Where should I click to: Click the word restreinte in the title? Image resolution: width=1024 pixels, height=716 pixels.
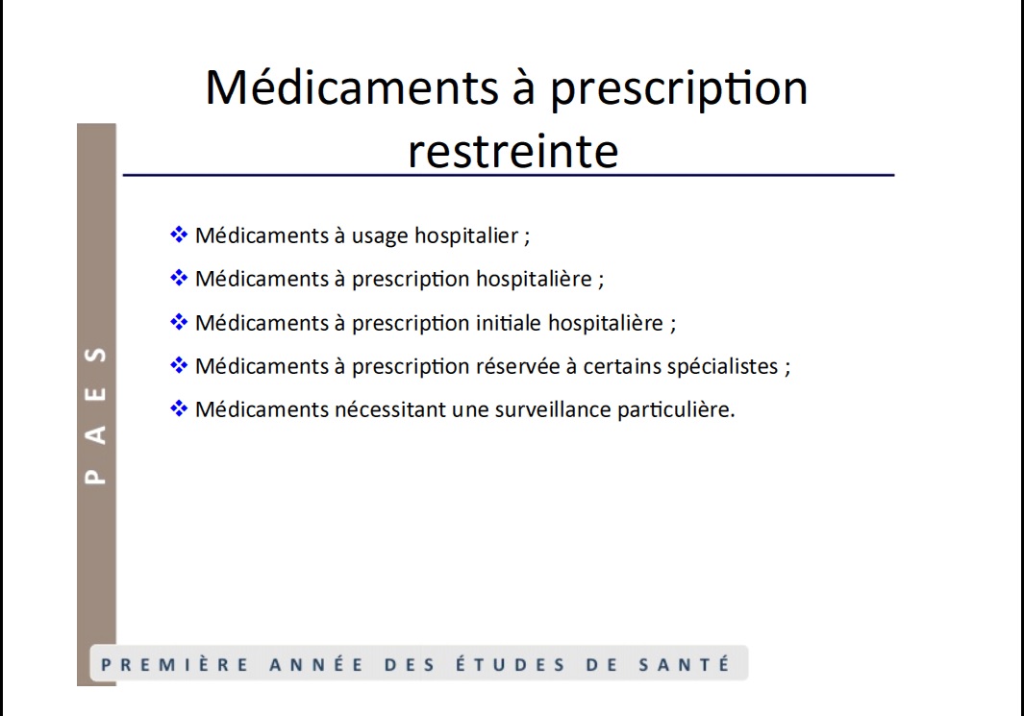coord(512,151)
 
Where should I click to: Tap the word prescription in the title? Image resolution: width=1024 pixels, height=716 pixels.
coord(679,88)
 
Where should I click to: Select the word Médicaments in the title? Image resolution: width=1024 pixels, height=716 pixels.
coord(352,86)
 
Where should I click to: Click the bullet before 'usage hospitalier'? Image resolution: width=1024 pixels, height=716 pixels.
coord(178,235)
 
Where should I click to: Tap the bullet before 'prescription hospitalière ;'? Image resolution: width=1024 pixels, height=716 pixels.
coord(178,278)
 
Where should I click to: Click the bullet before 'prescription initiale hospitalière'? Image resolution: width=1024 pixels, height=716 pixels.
coord(178,322)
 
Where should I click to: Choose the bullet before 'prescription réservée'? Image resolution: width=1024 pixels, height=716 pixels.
coord(178,365)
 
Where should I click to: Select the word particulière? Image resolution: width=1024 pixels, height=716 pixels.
coord(676,409)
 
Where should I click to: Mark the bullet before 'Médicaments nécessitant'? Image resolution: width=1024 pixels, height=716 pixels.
coord(178,408)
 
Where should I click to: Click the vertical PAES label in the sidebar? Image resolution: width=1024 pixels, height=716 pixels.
coord(96,416)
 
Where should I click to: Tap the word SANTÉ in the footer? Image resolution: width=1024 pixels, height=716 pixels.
coord(685,664)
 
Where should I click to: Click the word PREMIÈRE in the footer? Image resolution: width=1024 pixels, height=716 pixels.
coord(174,664)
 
